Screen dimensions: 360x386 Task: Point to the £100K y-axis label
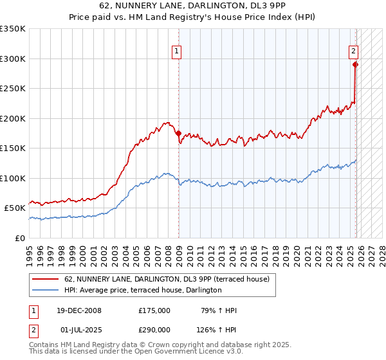pyautogui.click(x=13, y=178)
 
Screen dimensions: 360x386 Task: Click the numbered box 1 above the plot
pyautogui.click(x=176, y=53)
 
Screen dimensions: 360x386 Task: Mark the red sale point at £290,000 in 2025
pyautogui.click(x=355, y=64)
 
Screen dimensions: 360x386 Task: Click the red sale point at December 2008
pyautogui.click(x=178, y=133)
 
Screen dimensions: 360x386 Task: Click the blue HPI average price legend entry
pyautogui.click(x=143, y=290)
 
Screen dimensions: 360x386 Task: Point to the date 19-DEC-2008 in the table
pyautogui.click(x=78, y=310)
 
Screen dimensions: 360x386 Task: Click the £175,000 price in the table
pyautogui.click(x=154, y=310)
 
